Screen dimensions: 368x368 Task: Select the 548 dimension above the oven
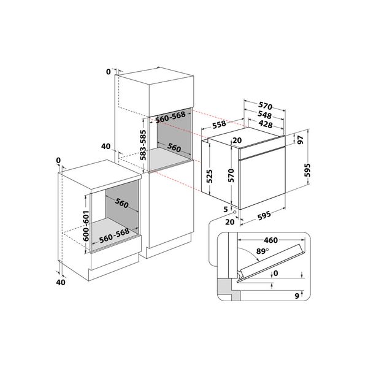coord(265,115)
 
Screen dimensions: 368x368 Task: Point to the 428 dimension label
coord(266,125)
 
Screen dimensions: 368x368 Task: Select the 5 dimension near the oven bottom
coord(226,209)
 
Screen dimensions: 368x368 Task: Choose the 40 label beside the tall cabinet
coord(105,146)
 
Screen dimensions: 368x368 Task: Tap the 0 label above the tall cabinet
coord(108,72)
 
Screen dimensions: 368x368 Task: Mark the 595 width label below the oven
coord(264,215)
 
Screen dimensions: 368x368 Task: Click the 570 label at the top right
coord(265,105)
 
